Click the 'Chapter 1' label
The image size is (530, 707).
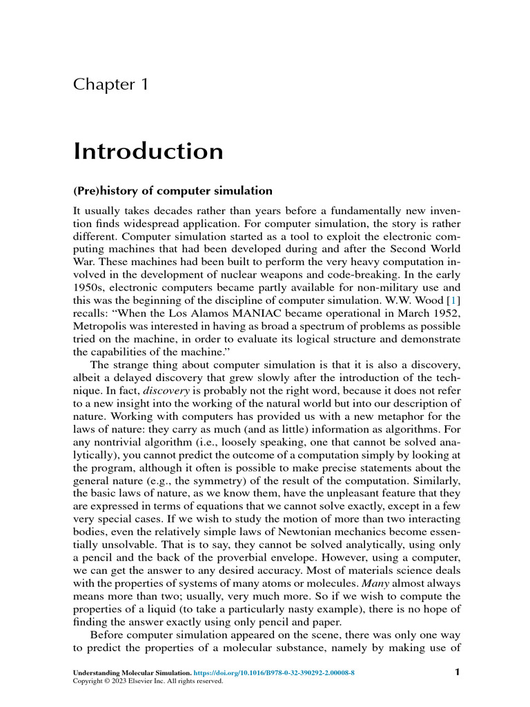coord(110,85)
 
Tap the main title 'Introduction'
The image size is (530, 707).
coord(148,151)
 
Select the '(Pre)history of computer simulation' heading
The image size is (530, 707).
coord(173,191)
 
